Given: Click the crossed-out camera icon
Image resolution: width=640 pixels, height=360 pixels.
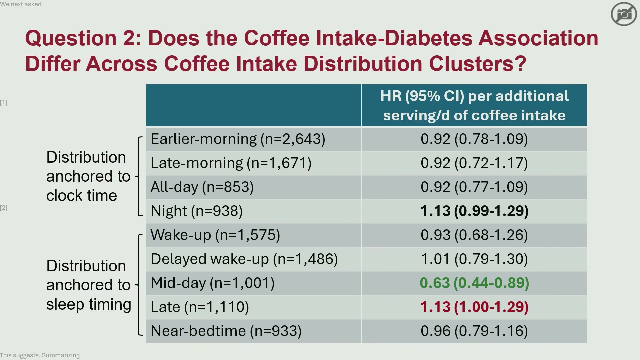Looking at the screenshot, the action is (624, 14).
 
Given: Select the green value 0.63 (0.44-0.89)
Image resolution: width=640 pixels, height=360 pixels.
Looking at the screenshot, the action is (474, 283).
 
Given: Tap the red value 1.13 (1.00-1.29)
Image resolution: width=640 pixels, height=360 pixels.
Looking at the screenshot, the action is (474, 307).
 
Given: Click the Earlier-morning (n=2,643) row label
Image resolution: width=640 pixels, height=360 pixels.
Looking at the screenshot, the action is (238, 139).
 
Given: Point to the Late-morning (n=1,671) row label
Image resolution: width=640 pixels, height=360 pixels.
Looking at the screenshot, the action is (231, 163).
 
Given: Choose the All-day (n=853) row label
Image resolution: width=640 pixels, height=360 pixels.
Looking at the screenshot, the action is (202, 187).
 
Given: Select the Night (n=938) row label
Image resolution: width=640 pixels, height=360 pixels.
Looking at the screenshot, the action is (197, 211).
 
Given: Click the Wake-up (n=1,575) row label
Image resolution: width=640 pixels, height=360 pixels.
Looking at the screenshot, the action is (215, 235).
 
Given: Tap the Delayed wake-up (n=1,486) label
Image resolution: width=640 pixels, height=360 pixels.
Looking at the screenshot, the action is (244, 259).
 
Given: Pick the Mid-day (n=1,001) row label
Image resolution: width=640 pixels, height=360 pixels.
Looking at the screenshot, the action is (213, 283).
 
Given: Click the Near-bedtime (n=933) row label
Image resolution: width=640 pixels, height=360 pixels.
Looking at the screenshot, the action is (226, 331).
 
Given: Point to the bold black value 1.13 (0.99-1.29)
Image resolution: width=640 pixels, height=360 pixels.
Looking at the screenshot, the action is (474, 211).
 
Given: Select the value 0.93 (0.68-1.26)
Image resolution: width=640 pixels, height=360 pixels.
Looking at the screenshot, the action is (474, 235).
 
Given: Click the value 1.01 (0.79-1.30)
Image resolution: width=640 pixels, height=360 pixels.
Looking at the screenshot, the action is (474, 259).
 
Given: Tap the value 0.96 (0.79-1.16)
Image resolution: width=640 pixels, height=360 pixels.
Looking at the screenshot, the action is (474, 331).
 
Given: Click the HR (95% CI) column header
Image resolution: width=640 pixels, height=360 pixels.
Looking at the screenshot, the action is (474, 105).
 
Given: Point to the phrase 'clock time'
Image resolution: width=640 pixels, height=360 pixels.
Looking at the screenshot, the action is (82, 196).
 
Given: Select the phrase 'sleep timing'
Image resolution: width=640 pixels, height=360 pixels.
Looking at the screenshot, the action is (89, 305).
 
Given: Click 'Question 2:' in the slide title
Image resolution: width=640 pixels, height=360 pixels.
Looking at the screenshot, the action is (83, 38).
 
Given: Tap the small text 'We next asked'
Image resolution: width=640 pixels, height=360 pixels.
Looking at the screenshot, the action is (21, 4).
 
